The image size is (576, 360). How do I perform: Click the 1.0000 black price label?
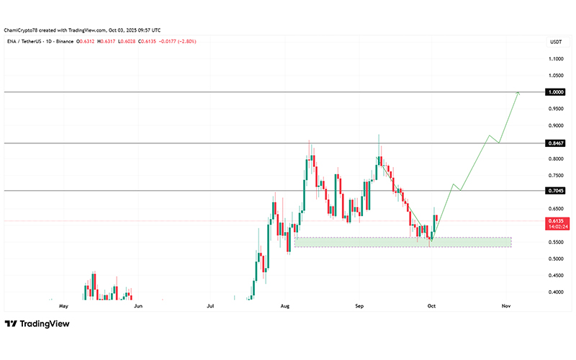click(555, 92)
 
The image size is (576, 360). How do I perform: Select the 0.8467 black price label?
click(555, 143)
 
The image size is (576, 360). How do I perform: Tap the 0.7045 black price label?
click(555, 191)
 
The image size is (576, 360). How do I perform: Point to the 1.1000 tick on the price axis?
click(555, 59)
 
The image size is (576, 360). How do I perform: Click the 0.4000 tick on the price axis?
click(555, 292)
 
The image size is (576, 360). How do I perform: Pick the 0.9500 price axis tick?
click(555, 109)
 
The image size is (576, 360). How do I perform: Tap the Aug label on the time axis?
click(285, 306)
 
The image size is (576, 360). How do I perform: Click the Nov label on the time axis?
click(505, 306)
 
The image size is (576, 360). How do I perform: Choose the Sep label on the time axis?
click(360, 306)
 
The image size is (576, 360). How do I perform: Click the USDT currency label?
click(555, 42)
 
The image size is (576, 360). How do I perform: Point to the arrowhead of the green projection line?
click(518, 93)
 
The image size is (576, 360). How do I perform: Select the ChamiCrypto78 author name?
click(20, 30)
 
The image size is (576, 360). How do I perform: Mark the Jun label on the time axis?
click(138, 306)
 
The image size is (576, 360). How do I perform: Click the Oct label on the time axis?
click(431, 306)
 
